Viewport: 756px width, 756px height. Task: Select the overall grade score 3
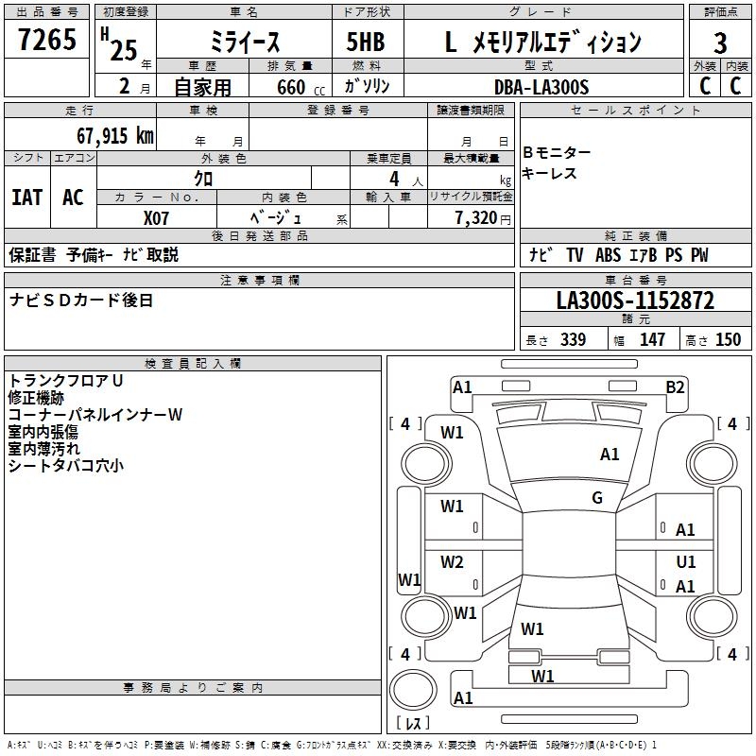click(x=720, y=43)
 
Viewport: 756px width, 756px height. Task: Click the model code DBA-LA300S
click(x=541, y=87)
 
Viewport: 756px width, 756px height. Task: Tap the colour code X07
click(x=156, y=217)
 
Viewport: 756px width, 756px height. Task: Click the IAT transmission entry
click(x=26, y=198)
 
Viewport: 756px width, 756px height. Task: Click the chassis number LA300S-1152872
click(x=635, y=301)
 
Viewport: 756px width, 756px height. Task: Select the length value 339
click(x=572, y=339)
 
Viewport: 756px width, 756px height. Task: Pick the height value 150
click(x=728, y=339)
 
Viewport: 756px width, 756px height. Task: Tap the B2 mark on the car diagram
click(x=675, y=387)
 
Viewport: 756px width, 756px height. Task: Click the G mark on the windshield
click(x=597, y=498)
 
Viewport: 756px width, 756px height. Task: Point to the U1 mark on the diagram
click(x=686, y=562)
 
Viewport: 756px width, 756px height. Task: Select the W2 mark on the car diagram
click(x=453, y=563)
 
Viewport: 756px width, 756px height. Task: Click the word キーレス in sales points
click(x=550, y=174)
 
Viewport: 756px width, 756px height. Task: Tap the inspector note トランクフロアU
click(x=66, y=380)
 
